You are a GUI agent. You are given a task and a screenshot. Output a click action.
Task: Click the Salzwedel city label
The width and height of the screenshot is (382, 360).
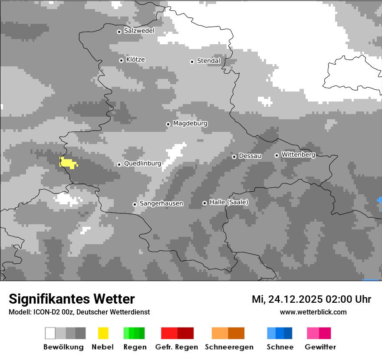[x=139, y=31]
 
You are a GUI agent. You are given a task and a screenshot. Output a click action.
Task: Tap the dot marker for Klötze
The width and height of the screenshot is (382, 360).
[x=121, y=60]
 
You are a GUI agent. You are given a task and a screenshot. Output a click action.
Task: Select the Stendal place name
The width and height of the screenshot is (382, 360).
[x=208, y=61]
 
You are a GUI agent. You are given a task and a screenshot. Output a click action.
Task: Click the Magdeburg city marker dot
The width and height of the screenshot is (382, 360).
[x=168, y=124]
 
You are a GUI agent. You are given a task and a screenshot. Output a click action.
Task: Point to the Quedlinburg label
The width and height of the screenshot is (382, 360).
[x=142, y=164]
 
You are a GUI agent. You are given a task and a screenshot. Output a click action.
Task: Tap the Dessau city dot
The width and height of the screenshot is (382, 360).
[x=234, y=157]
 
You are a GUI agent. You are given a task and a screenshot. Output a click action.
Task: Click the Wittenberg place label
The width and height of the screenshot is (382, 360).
[x=298, y=154]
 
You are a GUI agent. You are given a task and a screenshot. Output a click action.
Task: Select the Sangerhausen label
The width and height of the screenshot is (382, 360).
[x=161, y=203]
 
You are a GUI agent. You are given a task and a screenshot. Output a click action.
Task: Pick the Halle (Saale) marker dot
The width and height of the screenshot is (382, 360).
[x=204, y=203]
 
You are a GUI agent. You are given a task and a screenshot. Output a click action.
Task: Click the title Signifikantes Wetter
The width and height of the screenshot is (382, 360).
[x=72, y=299]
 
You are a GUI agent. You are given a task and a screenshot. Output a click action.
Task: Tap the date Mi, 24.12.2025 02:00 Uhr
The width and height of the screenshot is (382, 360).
[x=311, y=299]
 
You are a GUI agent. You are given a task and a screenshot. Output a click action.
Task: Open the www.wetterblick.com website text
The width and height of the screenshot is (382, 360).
[x=313, y=312]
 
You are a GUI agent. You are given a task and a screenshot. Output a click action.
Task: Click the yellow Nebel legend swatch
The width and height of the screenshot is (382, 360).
[x=103, y=333]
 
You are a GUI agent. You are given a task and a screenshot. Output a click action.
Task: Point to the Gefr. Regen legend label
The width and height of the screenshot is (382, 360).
[x=177, y=347]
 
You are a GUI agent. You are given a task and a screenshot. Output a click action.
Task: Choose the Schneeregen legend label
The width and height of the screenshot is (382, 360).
[x=229, y=347]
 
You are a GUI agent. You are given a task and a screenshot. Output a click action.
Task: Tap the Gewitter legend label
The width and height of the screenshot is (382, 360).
[x=320, y=347]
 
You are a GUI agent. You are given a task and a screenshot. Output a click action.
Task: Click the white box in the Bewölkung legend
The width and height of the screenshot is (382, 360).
[x=50, y=333]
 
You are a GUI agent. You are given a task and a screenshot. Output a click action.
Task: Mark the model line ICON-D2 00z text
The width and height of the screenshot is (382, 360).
[x=79, y=312]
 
